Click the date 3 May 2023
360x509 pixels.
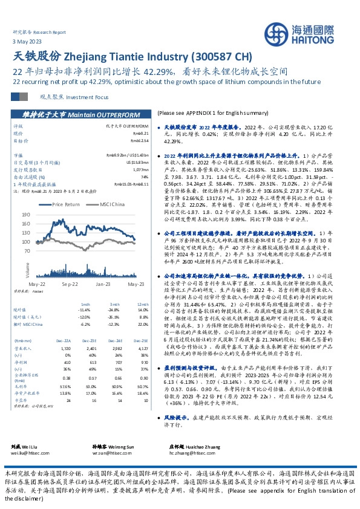click(23, 40)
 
